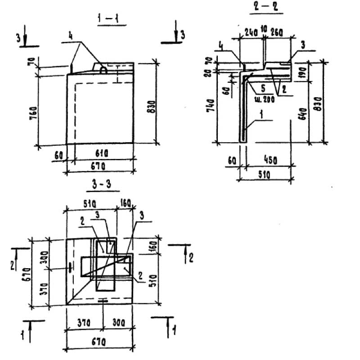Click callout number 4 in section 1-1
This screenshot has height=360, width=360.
click(70, 35)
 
